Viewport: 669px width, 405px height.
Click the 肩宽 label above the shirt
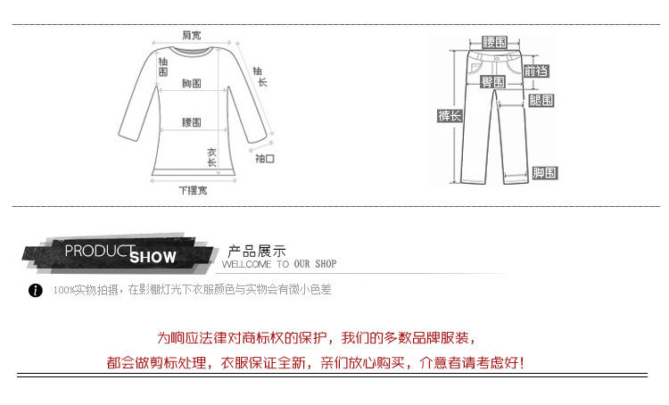click(x=192, y=35)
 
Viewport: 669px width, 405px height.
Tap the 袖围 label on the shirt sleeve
click(x=162, y=67)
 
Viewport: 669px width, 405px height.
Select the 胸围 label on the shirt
click(x=192, y=83)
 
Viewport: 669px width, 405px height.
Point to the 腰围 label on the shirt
click(x=192, y=122)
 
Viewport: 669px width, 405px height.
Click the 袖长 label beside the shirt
click(x=260, y=77)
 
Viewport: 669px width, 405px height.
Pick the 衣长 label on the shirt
click(x=212, y=157)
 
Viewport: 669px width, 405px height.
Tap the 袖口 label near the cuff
click(x=265, y=159)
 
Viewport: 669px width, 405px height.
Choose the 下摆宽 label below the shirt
click(x=192, y=190)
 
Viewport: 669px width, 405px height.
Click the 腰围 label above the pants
click(x=493, y=42)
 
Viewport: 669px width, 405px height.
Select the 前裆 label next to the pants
click(x=537, y=71)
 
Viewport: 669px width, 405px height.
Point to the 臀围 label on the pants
click(x=493, y=82)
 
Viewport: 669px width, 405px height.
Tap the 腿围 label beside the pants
click(x=541, y=101)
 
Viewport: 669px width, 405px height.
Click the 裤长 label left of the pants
click(x=450, y=116)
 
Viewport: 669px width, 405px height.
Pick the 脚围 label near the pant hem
click(x=544, y=172)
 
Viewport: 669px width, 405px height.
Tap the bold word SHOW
click(x=153, y=258)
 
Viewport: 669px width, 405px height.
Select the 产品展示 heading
click(x=257, y=250)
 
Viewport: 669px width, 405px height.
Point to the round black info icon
click(x=36, y=291)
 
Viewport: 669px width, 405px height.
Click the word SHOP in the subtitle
click(x=326, y=265)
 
